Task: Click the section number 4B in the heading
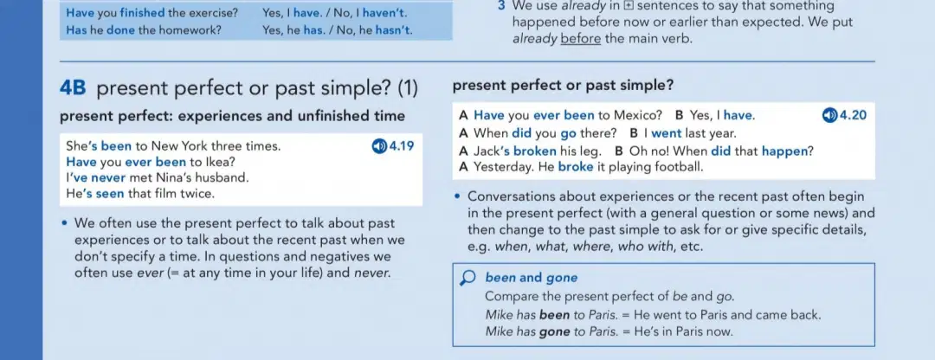pos(74,89)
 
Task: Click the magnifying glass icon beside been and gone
pos(469,279)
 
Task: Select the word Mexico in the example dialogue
pos(638,115)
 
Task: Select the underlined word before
pos(581,39)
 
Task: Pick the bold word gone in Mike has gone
pos(555,332)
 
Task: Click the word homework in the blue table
pos(194,29)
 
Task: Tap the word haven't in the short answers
pos(385,12)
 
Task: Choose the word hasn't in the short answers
pos(394,29)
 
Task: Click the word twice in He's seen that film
pos(200,194)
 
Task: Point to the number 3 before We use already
pos(501,7)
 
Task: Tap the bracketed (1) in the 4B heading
pos(408,89)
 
